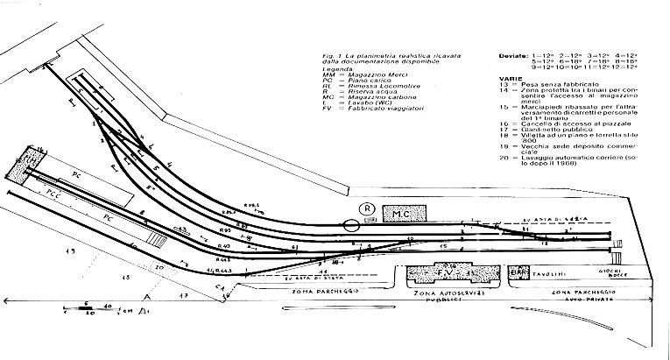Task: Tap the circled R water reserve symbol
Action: pyautogui.click(x=368, y=208)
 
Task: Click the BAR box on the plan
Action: pyautogui.click(x=517, y=272)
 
